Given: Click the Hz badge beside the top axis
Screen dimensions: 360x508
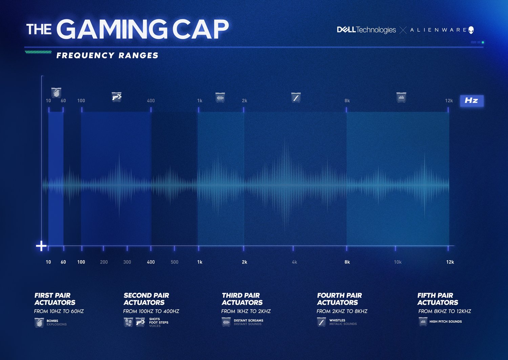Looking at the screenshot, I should [471, 100].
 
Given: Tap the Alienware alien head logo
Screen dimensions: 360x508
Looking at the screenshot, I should [471, 30].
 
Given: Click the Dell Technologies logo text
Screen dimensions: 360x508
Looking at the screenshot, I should [366, 30].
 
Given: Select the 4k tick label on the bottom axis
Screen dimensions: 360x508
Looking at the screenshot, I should [294, 262].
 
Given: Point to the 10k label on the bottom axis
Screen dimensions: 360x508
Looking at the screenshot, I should [398, 262].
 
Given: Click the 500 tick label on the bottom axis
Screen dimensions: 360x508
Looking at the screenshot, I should [174, 262].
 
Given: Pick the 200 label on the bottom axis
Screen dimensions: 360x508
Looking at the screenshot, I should [104, 262].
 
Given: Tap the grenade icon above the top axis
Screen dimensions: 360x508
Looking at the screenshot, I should [56, 92].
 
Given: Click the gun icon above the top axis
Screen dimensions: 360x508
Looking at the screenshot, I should [117, 97].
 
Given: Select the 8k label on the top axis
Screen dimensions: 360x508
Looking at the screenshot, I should [347, 100].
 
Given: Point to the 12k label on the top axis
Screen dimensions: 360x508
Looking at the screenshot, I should [449, 100].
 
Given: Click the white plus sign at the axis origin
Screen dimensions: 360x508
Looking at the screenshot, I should [41, 246].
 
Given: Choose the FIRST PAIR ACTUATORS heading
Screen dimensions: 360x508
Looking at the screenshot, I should [55, 299].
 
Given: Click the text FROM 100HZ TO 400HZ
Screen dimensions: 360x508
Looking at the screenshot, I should [151, 311].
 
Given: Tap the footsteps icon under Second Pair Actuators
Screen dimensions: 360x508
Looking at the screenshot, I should [128, 322].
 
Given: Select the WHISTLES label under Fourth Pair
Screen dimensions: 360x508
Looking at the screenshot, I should [337, 320].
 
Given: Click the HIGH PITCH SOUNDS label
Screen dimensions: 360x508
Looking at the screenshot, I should [445, 321].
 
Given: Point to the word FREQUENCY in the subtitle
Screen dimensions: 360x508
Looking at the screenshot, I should [85, 55].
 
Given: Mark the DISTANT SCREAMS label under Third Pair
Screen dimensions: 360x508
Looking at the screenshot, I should [248, 320].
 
